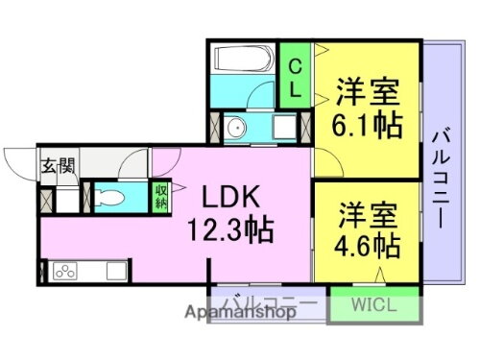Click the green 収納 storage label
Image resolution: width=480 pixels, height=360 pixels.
pos(161,197)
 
